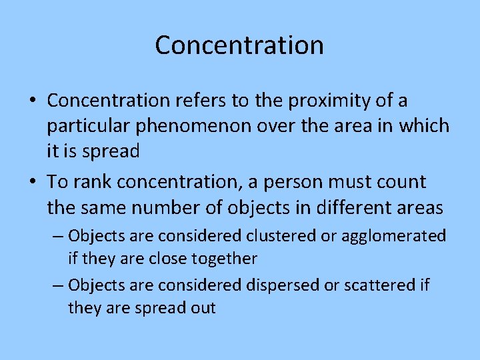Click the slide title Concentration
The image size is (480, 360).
pos(239,45)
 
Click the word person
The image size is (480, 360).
pos(294,183)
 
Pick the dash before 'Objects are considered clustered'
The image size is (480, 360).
pos(57,236)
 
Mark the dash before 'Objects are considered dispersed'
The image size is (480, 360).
pos(57,285)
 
